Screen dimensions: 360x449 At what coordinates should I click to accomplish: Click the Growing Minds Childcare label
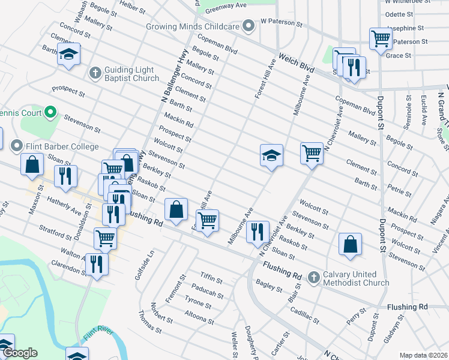[x=193, y=26]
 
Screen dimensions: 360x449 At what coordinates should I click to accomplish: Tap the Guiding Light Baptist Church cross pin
[x=94, y=73]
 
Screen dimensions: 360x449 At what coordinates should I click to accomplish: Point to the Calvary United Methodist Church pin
[x=313, y=277]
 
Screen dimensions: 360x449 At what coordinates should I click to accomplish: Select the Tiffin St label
[x=211, y=280]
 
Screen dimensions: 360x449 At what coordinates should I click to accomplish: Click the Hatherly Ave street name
[x=63, y=207]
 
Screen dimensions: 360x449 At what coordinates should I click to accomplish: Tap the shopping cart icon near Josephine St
[x=381, y=38]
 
